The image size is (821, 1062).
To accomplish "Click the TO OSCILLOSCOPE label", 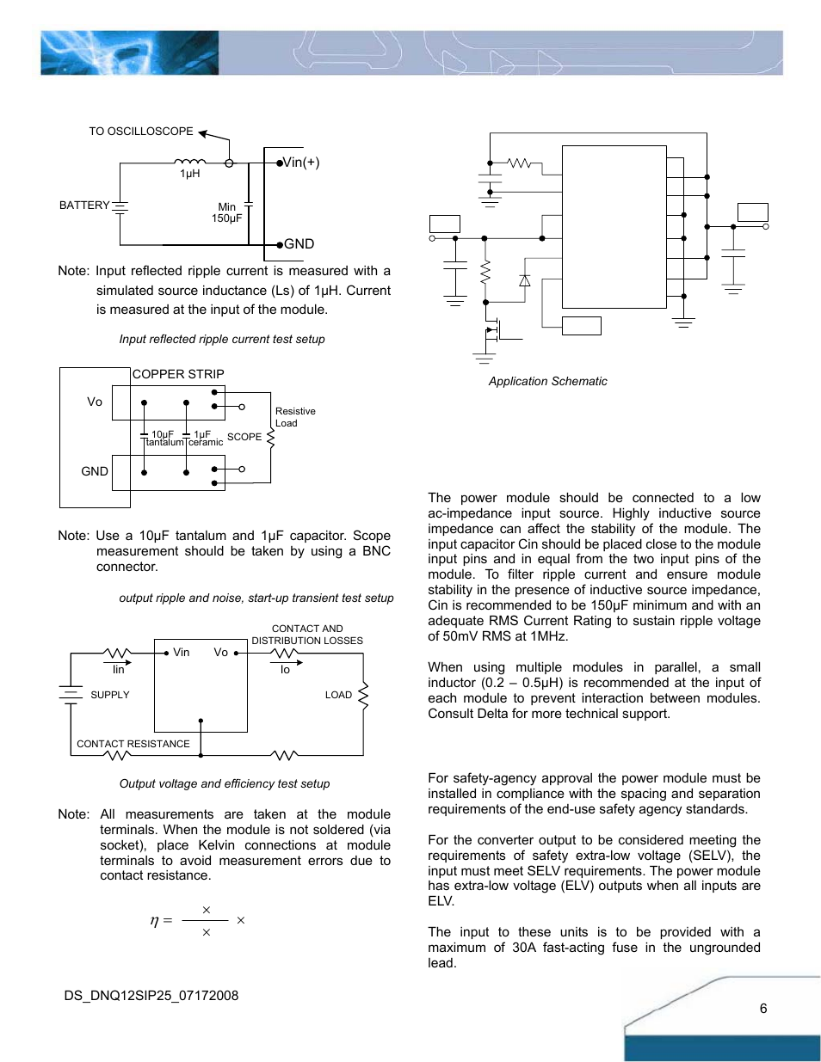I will pos(141,132).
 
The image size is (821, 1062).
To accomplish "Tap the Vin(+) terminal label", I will pos(301,163).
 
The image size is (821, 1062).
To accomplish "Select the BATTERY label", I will pos(84,206).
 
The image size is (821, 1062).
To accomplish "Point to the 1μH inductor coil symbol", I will pos(189,161).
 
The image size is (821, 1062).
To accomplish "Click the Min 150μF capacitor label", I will pos(226,212).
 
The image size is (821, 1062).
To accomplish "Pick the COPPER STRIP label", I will pos(178,374).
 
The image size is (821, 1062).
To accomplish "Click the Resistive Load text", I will pos(294,417).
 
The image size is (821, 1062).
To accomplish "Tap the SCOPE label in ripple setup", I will pos(244,437).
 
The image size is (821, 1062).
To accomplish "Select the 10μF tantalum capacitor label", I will pos(164,438).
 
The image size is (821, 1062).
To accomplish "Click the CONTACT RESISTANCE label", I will pos(133,744).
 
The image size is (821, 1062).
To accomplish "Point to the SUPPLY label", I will pos(110,695).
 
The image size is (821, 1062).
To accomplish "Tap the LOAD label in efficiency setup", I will pos(338,695).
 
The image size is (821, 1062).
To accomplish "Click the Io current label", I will pos(285,670).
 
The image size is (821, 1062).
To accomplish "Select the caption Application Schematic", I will pos(547,381).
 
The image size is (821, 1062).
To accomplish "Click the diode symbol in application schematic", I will pos(524,280).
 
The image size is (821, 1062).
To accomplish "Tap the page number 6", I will pos(762,1009).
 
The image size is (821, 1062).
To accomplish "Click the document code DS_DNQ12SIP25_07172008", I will pos(151,996).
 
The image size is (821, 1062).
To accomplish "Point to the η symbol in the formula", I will pos(155,921).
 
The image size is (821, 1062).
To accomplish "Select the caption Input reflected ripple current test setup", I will pos(222,339).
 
